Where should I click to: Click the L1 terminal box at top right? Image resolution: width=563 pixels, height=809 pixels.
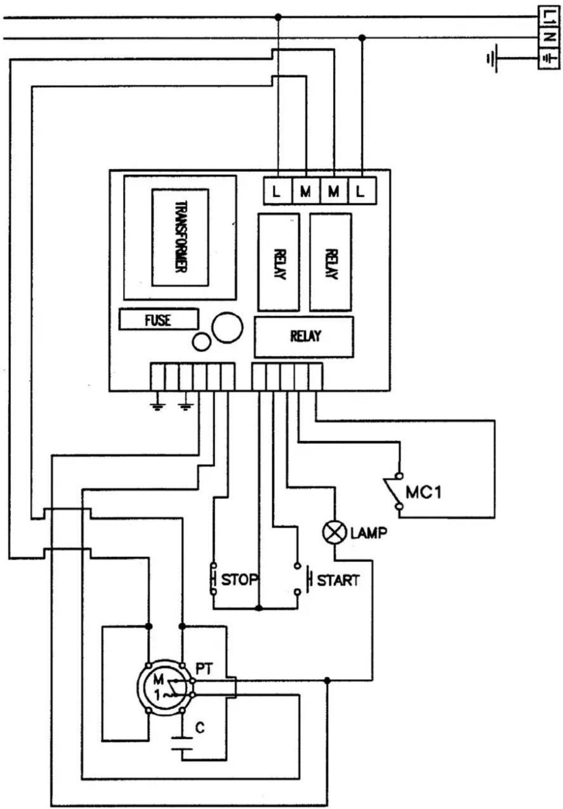click(x=549, y=16)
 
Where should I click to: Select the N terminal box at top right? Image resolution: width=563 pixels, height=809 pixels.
click(x=549, y=37)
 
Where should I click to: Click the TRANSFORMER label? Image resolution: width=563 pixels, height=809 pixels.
click(x=180, y=237)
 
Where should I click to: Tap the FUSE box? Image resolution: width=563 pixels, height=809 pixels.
click(x=158, y=319)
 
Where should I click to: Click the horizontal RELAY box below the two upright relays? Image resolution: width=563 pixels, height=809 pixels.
click(x=304, y=337)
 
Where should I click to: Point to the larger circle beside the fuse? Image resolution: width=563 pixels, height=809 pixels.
click(x=227, y=327)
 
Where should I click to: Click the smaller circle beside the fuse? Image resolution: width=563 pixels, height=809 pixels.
click(x=202, y=341)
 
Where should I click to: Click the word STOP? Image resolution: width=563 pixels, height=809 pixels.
click(x=240, y=579)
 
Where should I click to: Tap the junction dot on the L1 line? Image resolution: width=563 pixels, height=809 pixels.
click(x=277, y=17)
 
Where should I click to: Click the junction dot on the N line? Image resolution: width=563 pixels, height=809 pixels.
click(x=362, y=37)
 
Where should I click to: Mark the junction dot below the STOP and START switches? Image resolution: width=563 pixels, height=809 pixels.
click(x=259, y=608)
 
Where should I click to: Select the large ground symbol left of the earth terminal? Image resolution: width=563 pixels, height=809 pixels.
click(x=492, y=58)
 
